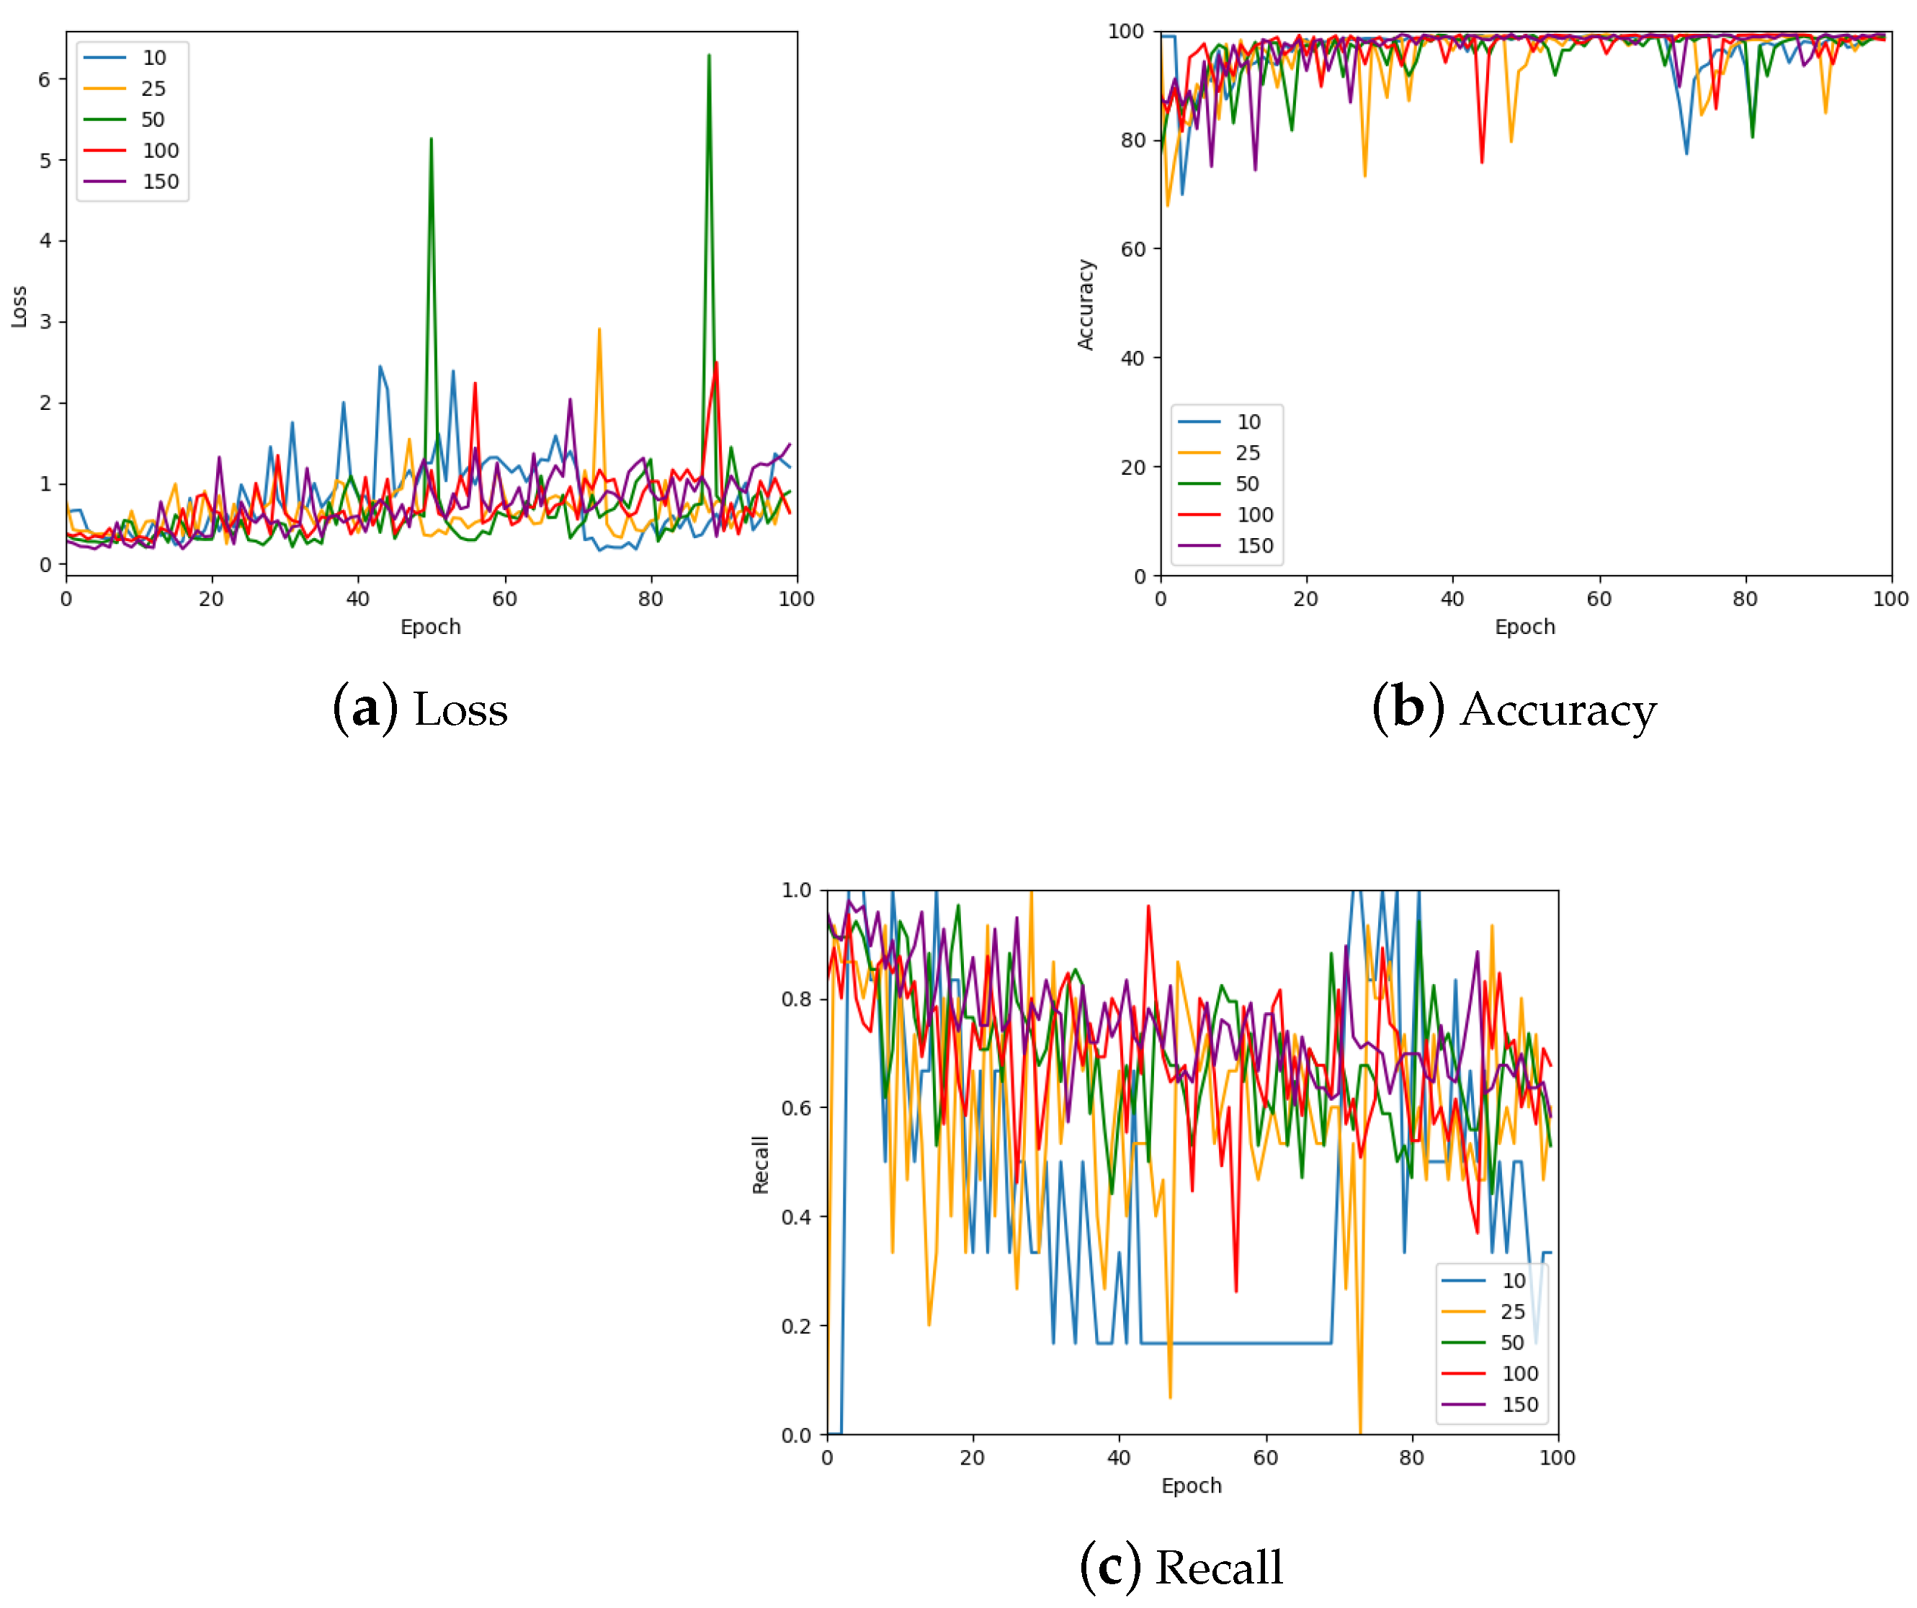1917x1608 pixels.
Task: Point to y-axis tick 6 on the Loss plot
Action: [45, 79]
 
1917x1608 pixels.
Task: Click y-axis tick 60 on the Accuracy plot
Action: [1133, 249]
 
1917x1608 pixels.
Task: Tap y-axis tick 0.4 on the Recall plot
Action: [796, 1218]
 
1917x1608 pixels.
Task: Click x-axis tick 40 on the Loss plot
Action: [358, 599]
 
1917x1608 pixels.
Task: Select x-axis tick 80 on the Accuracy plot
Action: [1745, 599]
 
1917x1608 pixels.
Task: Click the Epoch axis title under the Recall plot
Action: [1192, 1486]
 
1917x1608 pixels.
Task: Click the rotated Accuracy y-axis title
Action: [1086, 304]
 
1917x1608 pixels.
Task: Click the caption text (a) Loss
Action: [420, 710]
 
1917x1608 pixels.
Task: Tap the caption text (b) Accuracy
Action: [1514, 710]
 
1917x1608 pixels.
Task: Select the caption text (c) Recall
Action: [1181, 1568]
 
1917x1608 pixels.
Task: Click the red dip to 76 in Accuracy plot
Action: [1482, 161]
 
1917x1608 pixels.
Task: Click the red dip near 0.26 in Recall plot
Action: [1236, 1290]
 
